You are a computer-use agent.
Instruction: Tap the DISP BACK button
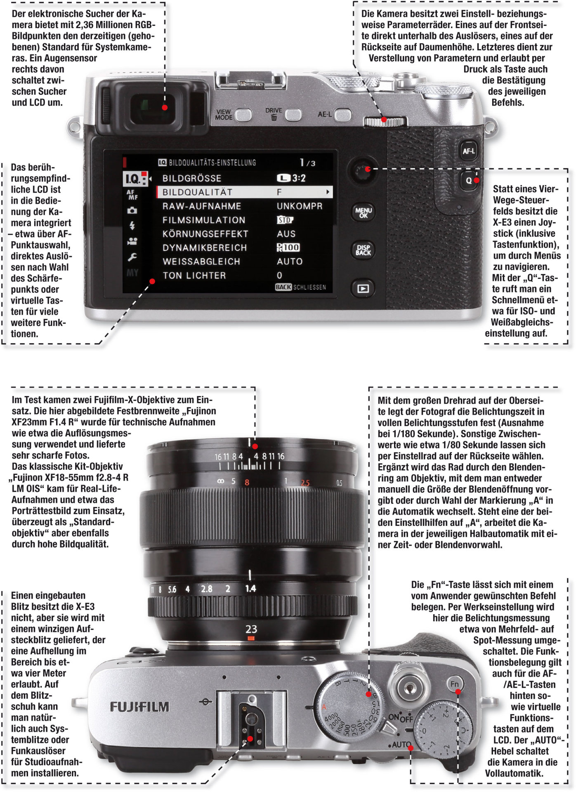[363, 250]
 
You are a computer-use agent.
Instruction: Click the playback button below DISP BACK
[363, 289]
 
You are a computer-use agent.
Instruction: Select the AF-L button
[468, 151]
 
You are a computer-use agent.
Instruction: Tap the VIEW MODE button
[243, 115]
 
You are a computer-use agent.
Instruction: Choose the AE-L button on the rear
[343, 115]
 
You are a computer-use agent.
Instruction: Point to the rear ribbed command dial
[385, 121]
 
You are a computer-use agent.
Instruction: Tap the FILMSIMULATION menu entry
[204, 220]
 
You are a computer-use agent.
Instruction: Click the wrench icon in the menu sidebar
[132, 258]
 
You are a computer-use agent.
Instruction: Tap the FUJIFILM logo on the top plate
[139, 707]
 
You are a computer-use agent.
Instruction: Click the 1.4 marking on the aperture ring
[250, 589]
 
